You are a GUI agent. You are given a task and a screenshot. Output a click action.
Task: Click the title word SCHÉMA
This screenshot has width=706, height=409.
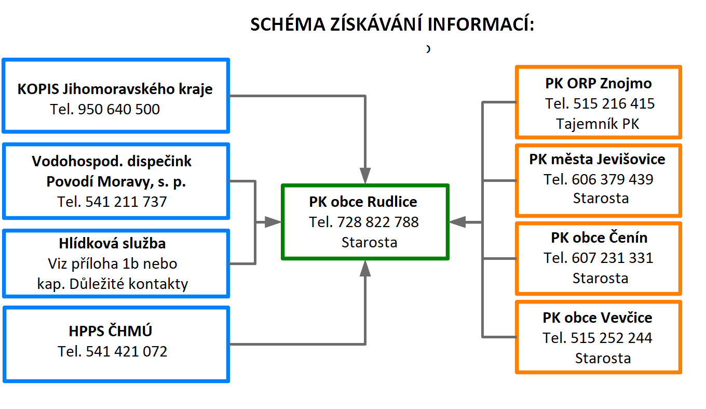[288, 24]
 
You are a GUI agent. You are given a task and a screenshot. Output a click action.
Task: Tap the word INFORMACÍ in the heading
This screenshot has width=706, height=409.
[481, 24]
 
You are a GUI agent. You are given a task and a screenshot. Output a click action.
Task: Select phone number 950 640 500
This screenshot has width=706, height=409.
[119, 110]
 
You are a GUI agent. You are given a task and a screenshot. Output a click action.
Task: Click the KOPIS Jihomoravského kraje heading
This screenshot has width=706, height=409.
[115, 89]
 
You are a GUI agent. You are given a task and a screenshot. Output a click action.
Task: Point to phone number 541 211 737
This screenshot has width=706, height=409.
[126, 202]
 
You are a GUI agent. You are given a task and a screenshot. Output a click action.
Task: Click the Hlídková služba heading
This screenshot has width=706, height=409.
[112, 244]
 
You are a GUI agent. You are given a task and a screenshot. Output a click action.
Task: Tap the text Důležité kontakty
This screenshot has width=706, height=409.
[129, 284]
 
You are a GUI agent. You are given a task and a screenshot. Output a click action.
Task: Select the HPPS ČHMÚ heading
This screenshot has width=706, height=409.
[110, 331]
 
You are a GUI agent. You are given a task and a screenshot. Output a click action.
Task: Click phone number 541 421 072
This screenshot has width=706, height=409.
[126, 351]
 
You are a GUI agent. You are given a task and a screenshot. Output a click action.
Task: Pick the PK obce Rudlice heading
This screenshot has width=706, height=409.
[363, 202]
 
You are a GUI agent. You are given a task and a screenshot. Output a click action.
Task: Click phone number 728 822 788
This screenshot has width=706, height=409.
[378, 222]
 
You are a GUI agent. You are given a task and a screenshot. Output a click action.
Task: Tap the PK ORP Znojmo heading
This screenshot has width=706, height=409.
[599, 84]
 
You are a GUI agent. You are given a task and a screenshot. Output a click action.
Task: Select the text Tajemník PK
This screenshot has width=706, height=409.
[598, 124]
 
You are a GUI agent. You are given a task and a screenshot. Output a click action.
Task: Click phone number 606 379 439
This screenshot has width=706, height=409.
[613, 180]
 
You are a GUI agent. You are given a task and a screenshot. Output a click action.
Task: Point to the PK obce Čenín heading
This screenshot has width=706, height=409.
[599, 238]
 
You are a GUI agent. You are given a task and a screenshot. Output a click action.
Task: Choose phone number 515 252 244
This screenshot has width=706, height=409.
[612, 338]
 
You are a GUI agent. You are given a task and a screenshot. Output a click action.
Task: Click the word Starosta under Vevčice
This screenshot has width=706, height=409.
[603, 359]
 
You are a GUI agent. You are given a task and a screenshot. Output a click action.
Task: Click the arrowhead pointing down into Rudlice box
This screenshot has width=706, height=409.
[365, 176]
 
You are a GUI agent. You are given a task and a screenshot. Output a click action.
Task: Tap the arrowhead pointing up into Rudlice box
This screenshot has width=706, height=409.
[365, 268]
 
